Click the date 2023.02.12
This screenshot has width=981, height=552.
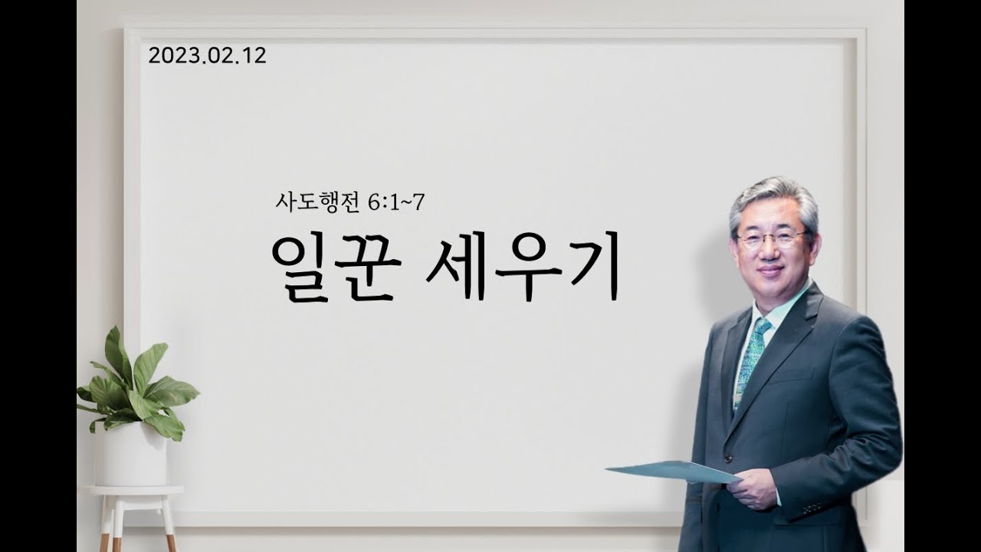pos(207,56)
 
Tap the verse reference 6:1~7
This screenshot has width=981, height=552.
pos(397,202)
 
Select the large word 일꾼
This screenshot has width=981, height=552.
pos(336,268)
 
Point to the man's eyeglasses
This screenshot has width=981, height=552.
pos(773,239)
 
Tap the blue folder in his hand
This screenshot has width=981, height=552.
pos(674,472)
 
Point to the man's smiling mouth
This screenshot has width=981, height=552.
pos(771,270)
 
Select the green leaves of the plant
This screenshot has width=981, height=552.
pos(136,386)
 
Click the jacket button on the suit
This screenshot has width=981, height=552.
pos(728,458)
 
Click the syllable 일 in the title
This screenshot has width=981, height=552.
pos(301,268)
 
